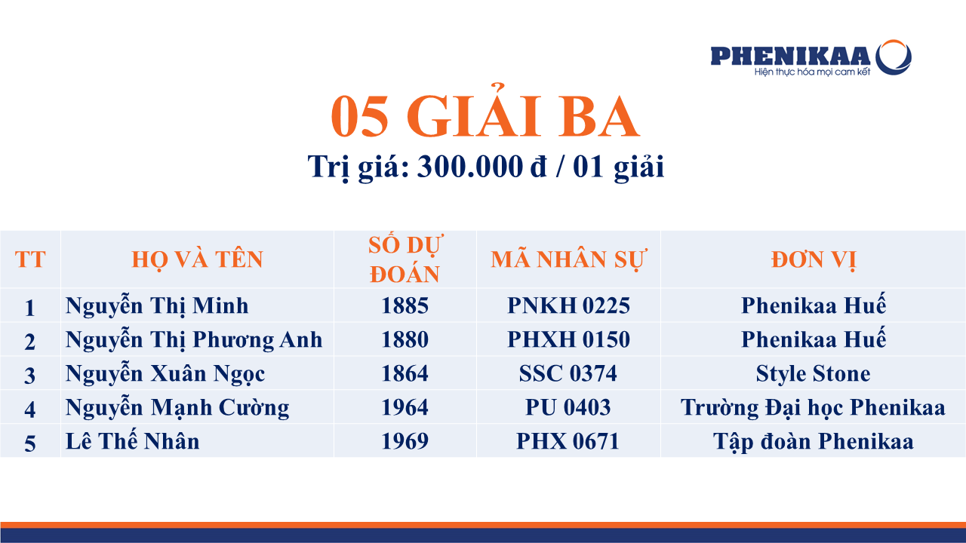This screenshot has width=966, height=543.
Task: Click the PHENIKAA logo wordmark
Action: [x=790, y=56]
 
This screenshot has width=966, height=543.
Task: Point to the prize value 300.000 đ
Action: [x=482, y=167]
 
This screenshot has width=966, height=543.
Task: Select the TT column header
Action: [x=30, y=259]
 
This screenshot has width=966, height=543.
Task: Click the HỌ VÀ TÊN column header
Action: [x=197, y=260]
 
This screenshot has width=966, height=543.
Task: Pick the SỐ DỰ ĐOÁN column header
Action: [x=405, y=259]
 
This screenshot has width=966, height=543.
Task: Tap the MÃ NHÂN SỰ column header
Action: [x=568, y=259]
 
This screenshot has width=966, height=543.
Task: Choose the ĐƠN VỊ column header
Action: [x=814, y=260]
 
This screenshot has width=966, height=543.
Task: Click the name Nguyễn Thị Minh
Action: [x=157, y=306]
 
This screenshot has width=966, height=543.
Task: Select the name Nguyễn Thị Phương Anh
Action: [x=194, y=340]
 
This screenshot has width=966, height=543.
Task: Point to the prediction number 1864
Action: [x=405, y=373]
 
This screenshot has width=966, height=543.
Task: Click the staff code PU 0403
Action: [x=568, y=407]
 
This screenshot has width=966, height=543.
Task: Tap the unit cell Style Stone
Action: [x=814, y=373]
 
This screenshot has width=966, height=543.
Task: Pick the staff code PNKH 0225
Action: [x=568, y=305]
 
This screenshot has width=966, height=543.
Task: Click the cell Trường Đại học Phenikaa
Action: [x=813, y=408]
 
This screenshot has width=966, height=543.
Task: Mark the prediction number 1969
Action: [x=405, y=441]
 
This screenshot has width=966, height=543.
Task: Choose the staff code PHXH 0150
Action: [x=568, y=339]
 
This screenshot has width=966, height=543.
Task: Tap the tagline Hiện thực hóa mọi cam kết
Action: [x=813, y=72]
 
